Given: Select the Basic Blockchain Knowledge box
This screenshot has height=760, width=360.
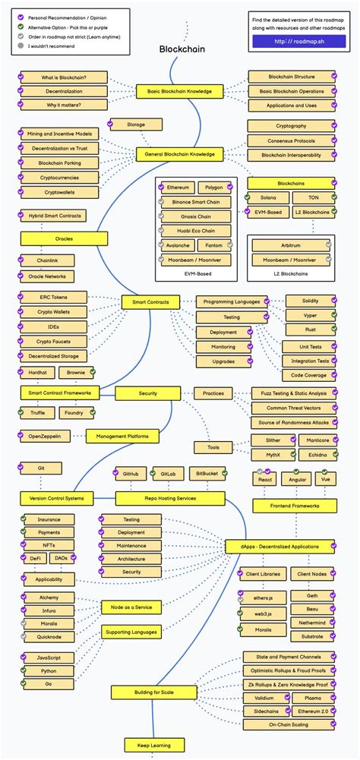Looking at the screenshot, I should pyautogui.click(x=180, y=92).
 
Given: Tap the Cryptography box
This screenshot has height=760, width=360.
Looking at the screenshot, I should pyautogui.click(x=292, y=126).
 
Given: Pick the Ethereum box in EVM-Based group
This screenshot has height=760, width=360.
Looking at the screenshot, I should pyautogui.click(x=178, y=187).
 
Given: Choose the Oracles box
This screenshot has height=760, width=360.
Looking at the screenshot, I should pyautogui.click(x=64, y=238).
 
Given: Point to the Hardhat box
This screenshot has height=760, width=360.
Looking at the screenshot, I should pyautogui.click(x=37, y=374).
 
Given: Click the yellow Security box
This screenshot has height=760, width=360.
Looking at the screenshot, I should pyautogui.click(x=147, y=393).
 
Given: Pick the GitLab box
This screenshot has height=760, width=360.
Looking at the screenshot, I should pyautogui.click(x=167, y=474).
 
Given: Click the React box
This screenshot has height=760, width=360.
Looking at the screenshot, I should pyautogui.click(x=265, y=480).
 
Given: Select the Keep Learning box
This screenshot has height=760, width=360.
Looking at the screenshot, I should pyautogui.click(x=149, y=745).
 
